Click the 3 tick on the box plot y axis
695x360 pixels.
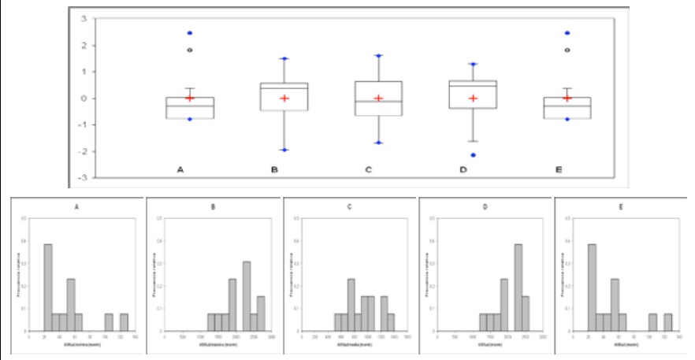coord(82,19)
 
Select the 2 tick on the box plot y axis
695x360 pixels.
coord(82,46)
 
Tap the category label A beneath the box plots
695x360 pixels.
coord(180,169)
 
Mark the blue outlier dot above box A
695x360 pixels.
coord(190,33)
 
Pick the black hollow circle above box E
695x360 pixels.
coord(567,50)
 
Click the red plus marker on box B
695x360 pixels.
coord(284,98)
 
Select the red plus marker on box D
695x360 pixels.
coord(474,98)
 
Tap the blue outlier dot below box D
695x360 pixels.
coord(474,155)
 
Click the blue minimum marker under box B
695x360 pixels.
coord(284,150)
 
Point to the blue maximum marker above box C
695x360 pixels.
coord(379,56)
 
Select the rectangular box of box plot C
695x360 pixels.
coord(379,98)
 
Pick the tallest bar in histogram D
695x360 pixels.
coord(518,288)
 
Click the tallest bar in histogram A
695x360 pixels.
coord(48,288)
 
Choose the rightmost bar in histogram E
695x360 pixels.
coord(668,322)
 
